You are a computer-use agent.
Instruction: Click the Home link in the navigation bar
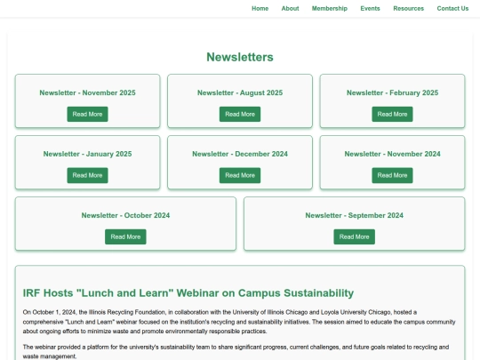click(260, 8)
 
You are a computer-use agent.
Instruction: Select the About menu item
click(290, 8)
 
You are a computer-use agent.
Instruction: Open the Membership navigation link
click(329, 8)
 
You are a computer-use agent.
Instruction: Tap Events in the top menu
click(370, 8)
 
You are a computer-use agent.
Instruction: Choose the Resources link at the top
click(409, 8)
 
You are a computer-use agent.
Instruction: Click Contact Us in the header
click(452, 8)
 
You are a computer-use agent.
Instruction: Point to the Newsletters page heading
click(240, 57)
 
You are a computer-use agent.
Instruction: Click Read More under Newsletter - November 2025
click(87, 114)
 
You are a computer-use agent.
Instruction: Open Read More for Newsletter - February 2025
click(392, 114)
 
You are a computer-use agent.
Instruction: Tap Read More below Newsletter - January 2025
click(87, 175)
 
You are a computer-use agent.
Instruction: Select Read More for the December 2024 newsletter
click(240, 175)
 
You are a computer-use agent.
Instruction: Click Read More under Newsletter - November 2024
click(392, 175)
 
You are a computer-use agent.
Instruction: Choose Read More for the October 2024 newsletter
click(125, 236)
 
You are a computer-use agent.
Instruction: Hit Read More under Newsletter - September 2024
click(354, 236)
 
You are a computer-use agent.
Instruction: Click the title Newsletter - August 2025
click(240, 92)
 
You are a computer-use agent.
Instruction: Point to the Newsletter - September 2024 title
click(354, 215)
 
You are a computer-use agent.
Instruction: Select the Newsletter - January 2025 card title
click(87, 154)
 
